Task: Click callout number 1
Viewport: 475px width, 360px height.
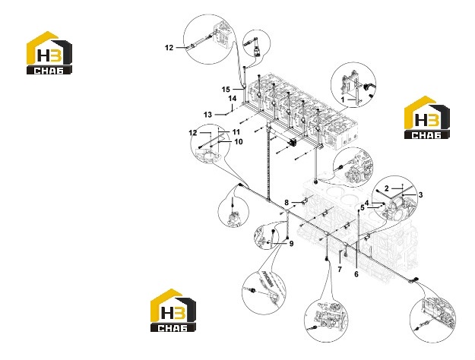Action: coord(343,99)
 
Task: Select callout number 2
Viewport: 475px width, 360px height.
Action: coord(387,188)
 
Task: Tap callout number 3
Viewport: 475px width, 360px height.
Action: coord(420,195)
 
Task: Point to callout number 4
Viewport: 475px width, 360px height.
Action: coord(367,203)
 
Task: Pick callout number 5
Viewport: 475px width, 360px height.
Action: coord(363,208)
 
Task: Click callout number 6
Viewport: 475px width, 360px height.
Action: coord(356,274)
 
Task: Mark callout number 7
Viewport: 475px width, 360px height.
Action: coord(340,269)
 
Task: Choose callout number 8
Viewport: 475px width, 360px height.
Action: coord(287,202)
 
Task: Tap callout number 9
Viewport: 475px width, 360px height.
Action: coord(291,244)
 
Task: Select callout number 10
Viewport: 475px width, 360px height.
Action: coord(239,142)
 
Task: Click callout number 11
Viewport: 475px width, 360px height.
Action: coord(236,132)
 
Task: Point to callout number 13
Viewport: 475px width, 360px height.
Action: coord(207,115)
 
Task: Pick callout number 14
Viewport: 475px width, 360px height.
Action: coord(233,99)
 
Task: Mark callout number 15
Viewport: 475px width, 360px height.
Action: coord(226,90)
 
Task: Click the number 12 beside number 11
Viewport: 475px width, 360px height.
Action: coord(193,133)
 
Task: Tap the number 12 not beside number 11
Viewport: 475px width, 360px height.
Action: coord(169,48)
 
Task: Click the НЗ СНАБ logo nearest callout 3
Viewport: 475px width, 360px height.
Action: coord(427,118)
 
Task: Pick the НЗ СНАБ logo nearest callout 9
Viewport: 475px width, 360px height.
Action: coord(173,311)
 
